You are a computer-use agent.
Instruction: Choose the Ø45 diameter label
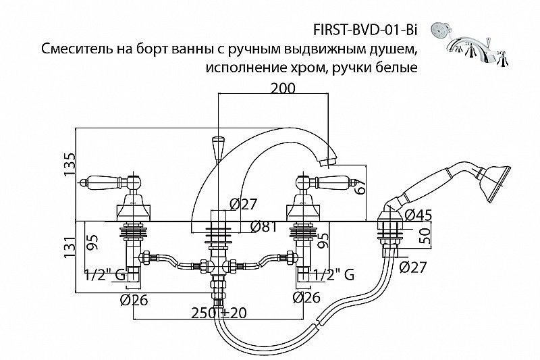pyautogui.click(x=418, y=215)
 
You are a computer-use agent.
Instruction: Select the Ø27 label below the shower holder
pyautogui.click(x=412, y=267)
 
